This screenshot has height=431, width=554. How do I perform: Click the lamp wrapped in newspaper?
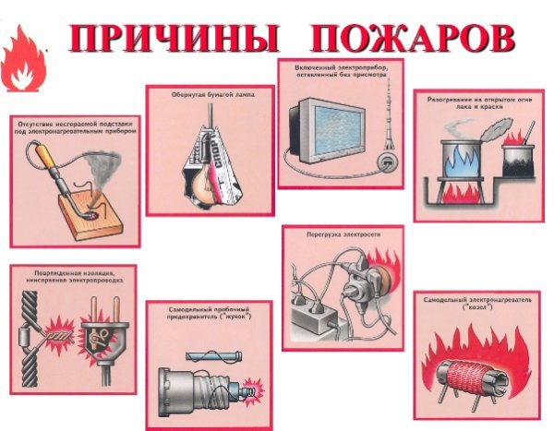tap(208, 161)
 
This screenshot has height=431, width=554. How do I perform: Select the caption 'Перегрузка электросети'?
tap(343, 235)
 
